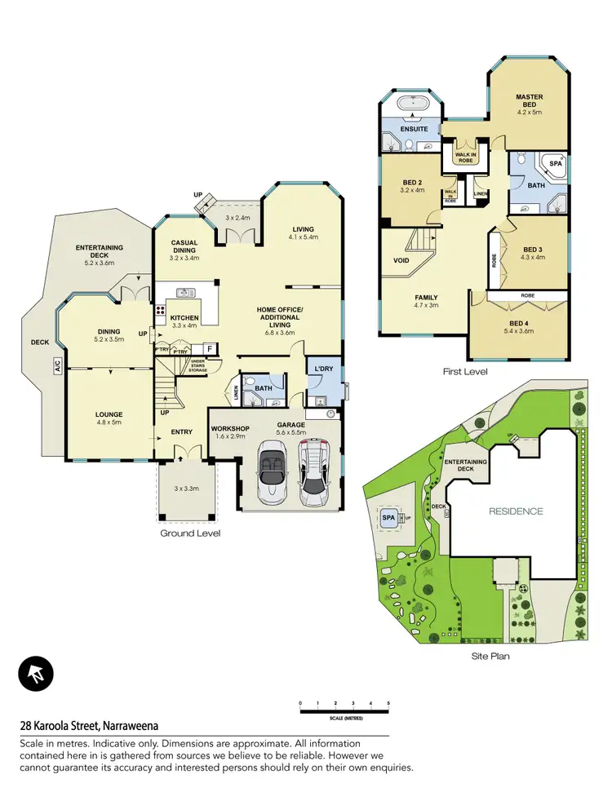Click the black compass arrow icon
click(x=36, y=674)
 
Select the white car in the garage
click(x=314, y=473)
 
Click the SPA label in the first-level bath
click(x=556, y=164)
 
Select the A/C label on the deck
click(x=58, y=368)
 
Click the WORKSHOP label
click(x=229, y=428)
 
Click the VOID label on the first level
click(x=401, y=261)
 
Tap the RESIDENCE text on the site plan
click(x=516, y=511)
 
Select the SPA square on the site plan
click(x=386, y=517)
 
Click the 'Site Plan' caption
click(x=491, y=655)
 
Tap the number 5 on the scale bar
click(x=388, y=702)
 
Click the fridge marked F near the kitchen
click(x=208, y=349)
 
